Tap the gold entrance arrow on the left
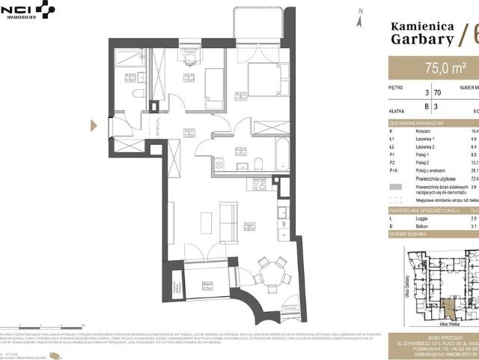[94, 126]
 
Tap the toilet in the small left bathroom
[139, 92]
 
